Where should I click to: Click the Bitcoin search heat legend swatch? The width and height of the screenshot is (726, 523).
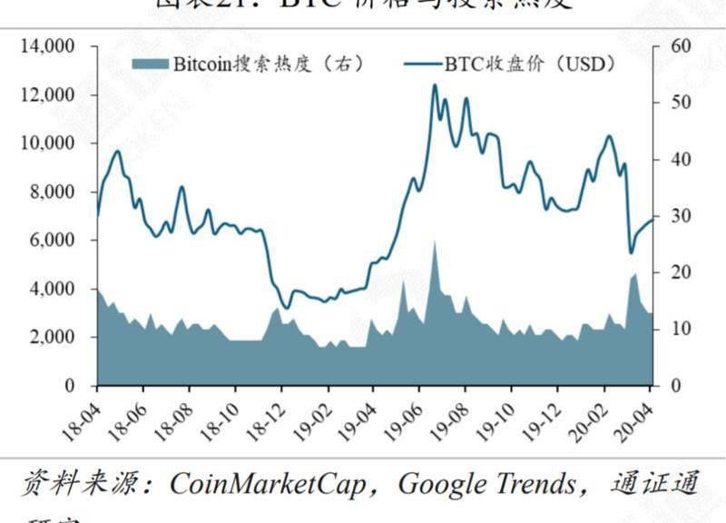[151, 64]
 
